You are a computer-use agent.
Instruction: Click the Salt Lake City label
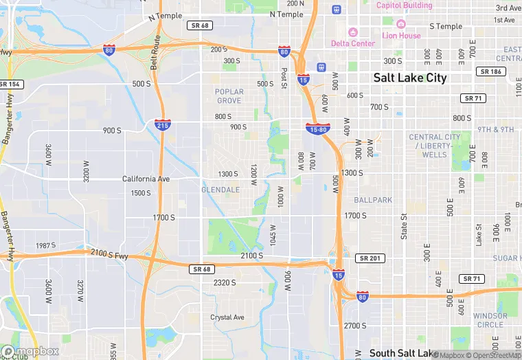pos(410,78)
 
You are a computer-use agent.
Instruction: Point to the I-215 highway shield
pos(162,125)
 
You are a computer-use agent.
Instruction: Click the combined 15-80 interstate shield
pos(318,128)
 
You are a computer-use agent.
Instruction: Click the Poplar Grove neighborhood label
pos(229,96)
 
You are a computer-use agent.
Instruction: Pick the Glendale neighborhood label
pos(220,190)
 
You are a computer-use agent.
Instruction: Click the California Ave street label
pos(146,179)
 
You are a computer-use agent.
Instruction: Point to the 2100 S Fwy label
pos(109,254)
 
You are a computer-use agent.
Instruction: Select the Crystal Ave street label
pos(227,317)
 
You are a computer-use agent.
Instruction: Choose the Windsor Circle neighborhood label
pos(490,320)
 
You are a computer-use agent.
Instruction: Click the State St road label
pos(404,226)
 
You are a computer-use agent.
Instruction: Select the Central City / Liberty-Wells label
pos(434,146)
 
